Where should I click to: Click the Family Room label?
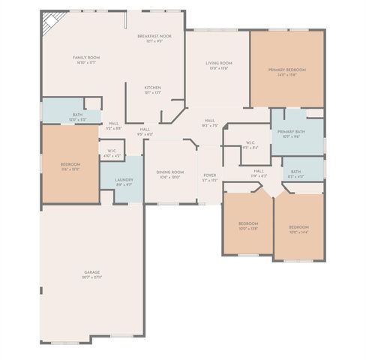point(86,59)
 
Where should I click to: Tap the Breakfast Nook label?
point(154,38)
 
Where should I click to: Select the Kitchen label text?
point(152,90)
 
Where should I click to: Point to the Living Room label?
point(219,65)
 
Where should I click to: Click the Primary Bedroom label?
point(286,72)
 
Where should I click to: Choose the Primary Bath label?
point(290,133)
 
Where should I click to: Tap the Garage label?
point(91,274)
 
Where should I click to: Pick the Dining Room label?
point(169,175)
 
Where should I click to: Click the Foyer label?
point(209,178)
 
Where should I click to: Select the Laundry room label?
point(124,181)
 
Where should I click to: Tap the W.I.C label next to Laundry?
point(111,153)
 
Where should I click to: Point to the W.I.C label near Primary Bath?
point(250,145)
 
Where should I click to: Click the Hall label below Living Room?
point(209,122)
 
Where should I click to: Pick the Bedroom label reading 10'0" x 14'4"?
point(298,229)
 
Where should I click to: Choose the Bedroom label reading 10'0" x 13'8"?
point(248,226)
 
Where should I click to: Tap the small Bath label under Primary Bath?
point(295,173)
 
